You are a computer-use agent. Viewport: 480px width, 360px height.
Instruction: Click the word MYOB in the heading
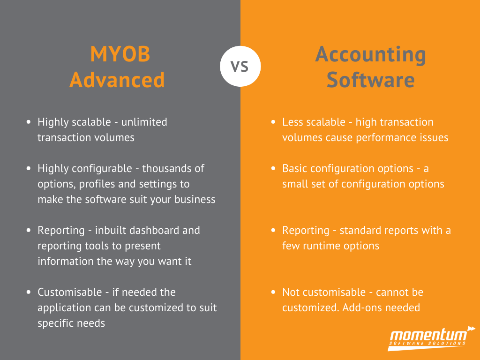[120, 54]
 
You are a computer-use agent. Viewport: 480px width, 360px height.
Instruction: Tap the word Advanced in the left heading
[117, 80]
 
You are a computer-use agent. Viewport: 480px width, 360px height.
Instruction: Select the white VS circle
[240, 66]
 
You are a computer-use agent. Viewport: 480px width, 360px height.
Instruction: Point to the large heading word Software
[370, 80]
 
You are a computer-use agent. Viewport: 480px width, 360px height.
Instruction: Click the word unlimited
[144, 122]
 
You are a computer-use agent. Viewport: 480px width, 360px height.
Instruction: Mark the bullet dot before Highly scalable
[29, 122]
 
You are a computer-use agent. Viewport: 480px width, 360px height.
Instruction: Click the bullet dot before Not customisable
[273, 292]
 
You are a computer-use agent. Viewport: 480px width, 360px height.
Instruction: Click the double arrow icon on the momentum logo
[472, 329]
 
